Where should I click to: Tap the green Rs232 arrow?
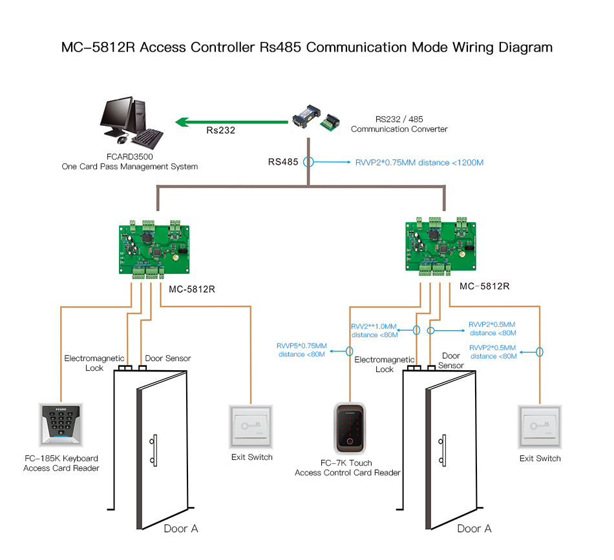(233, 121)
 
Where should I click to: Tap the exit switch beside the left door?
(251, 426)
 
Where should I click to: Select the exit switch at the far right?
(540, 427)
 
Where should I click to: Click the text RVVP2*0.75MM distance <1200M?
(419, 163)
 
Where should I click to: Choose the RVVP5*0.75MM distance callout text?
(302, 349)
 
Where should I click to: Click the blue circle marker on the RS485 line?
(309, 163)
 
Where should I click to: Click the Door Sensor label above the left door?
(168, 358)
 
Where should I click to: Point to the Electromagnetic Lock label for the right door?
(385, 364)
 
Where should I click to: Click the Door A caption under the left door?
(180, 528)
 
